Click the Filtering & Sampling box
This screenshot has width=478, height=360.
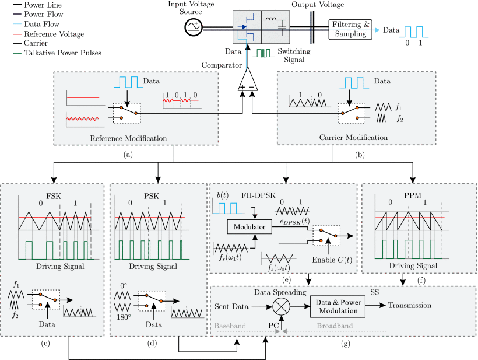pyautogui.click(x=350, y=29)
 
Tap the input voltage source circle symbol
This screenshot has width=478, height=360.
pyautogui.click(x=194, y=27)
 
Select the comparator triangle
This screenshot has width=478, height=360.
pyautogui.click(x=248, y=79)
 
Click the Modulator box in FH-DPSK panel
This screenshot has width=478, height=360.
pyautogui.click(x=249, y=227)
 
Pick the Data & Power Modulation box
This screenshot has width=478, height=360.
pyautogui.click(x=338, y=306)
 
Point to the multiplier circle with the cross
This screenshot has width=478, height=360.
pyautogui.click(x=282, y=306)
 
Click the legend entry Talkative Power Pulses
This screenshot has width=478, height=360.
pyautogui.click(x=57, y=53)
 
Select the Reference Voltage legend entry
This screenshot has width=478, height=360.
pyautogui.click(x=48, y=34)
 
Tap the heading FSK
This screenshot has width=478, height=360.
pyautogui.click(x=54, y=196)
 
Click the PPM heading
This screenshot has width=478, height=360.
pyautogui.click(x=413, y=195)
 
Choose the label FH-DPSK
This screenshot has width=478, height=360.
pyautogui.click(x=258, y=195)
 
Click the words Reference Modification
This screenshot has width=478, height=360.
pyautogui.click(x=128, y=138)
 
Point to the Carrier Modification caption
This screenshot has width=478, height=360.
pyautogui.click(x=354, y=138)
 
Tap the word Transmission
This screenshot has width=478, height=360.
pyautogui.click(x=410, y=305)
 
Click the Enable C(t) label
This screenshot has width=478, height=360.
pyautogui.click(x=332, y=260)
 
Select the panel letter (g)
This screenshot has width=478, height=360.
pyautogui.click(x=346, y=344)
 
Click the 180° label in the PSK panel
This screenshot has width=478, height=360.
pyautogui.click(x=124, y=317)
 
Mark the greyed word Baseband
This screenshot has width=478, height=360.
pyautogui.click(x=230, y=326)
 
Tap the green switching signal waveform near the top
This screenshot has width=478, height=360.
pyautogui.click(x=263, y=53)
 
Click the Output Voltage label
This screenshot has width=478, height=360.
pyautogui.click(x=318, y=5)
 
